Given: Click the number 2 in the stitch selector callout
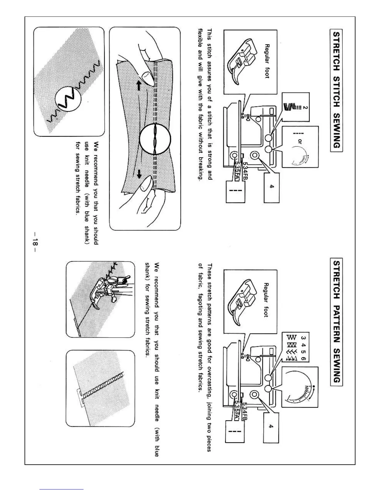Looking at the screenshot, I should point(305,108).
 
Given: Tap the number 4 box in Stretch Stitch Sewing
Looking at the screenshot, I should point(272,186).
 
